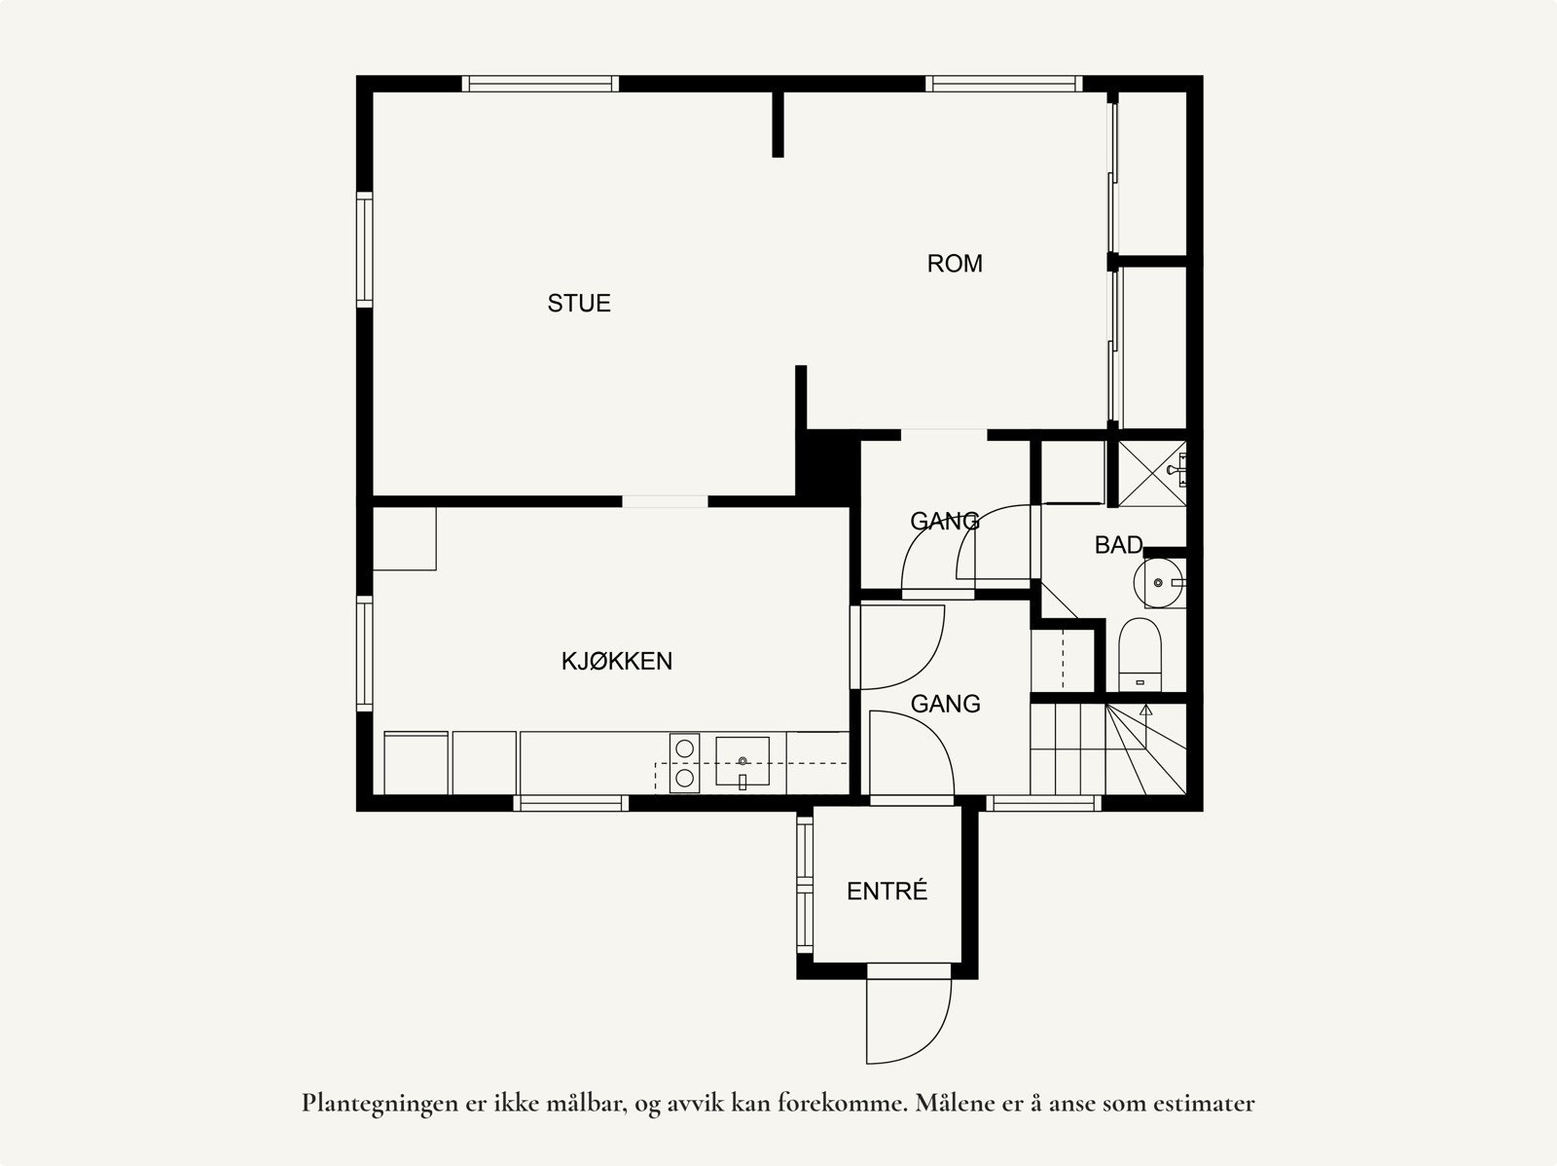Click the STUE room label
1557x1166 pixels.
tap(579, 304)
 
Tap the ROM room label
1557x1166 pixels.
tap(955, 264)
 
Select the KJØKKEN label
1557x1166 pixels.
tap(617, 662)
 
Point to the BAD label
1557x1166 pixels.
tap(1118, 545)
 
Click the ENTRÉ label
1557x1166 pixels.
tap(887, 892)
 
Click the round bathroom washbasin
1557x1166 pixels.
tap(1157, 583)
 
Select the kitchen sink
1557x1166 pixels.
tap(742, 760)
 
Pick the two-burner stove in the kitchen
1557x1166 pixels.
tap(685, 762)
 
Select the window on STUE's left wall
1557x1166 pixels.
tap(365, 250)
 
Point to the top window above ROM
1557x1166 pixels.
tap(1003, 84)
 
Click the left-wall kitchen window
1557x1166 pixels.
tap(365, 653)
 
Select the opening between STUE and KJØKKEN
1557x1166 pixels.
tap(665, 501)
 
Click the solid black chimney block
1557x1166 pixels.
tap(828, 466)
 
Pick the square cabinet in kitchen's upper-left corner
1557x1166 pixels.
tap(404, 537)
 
